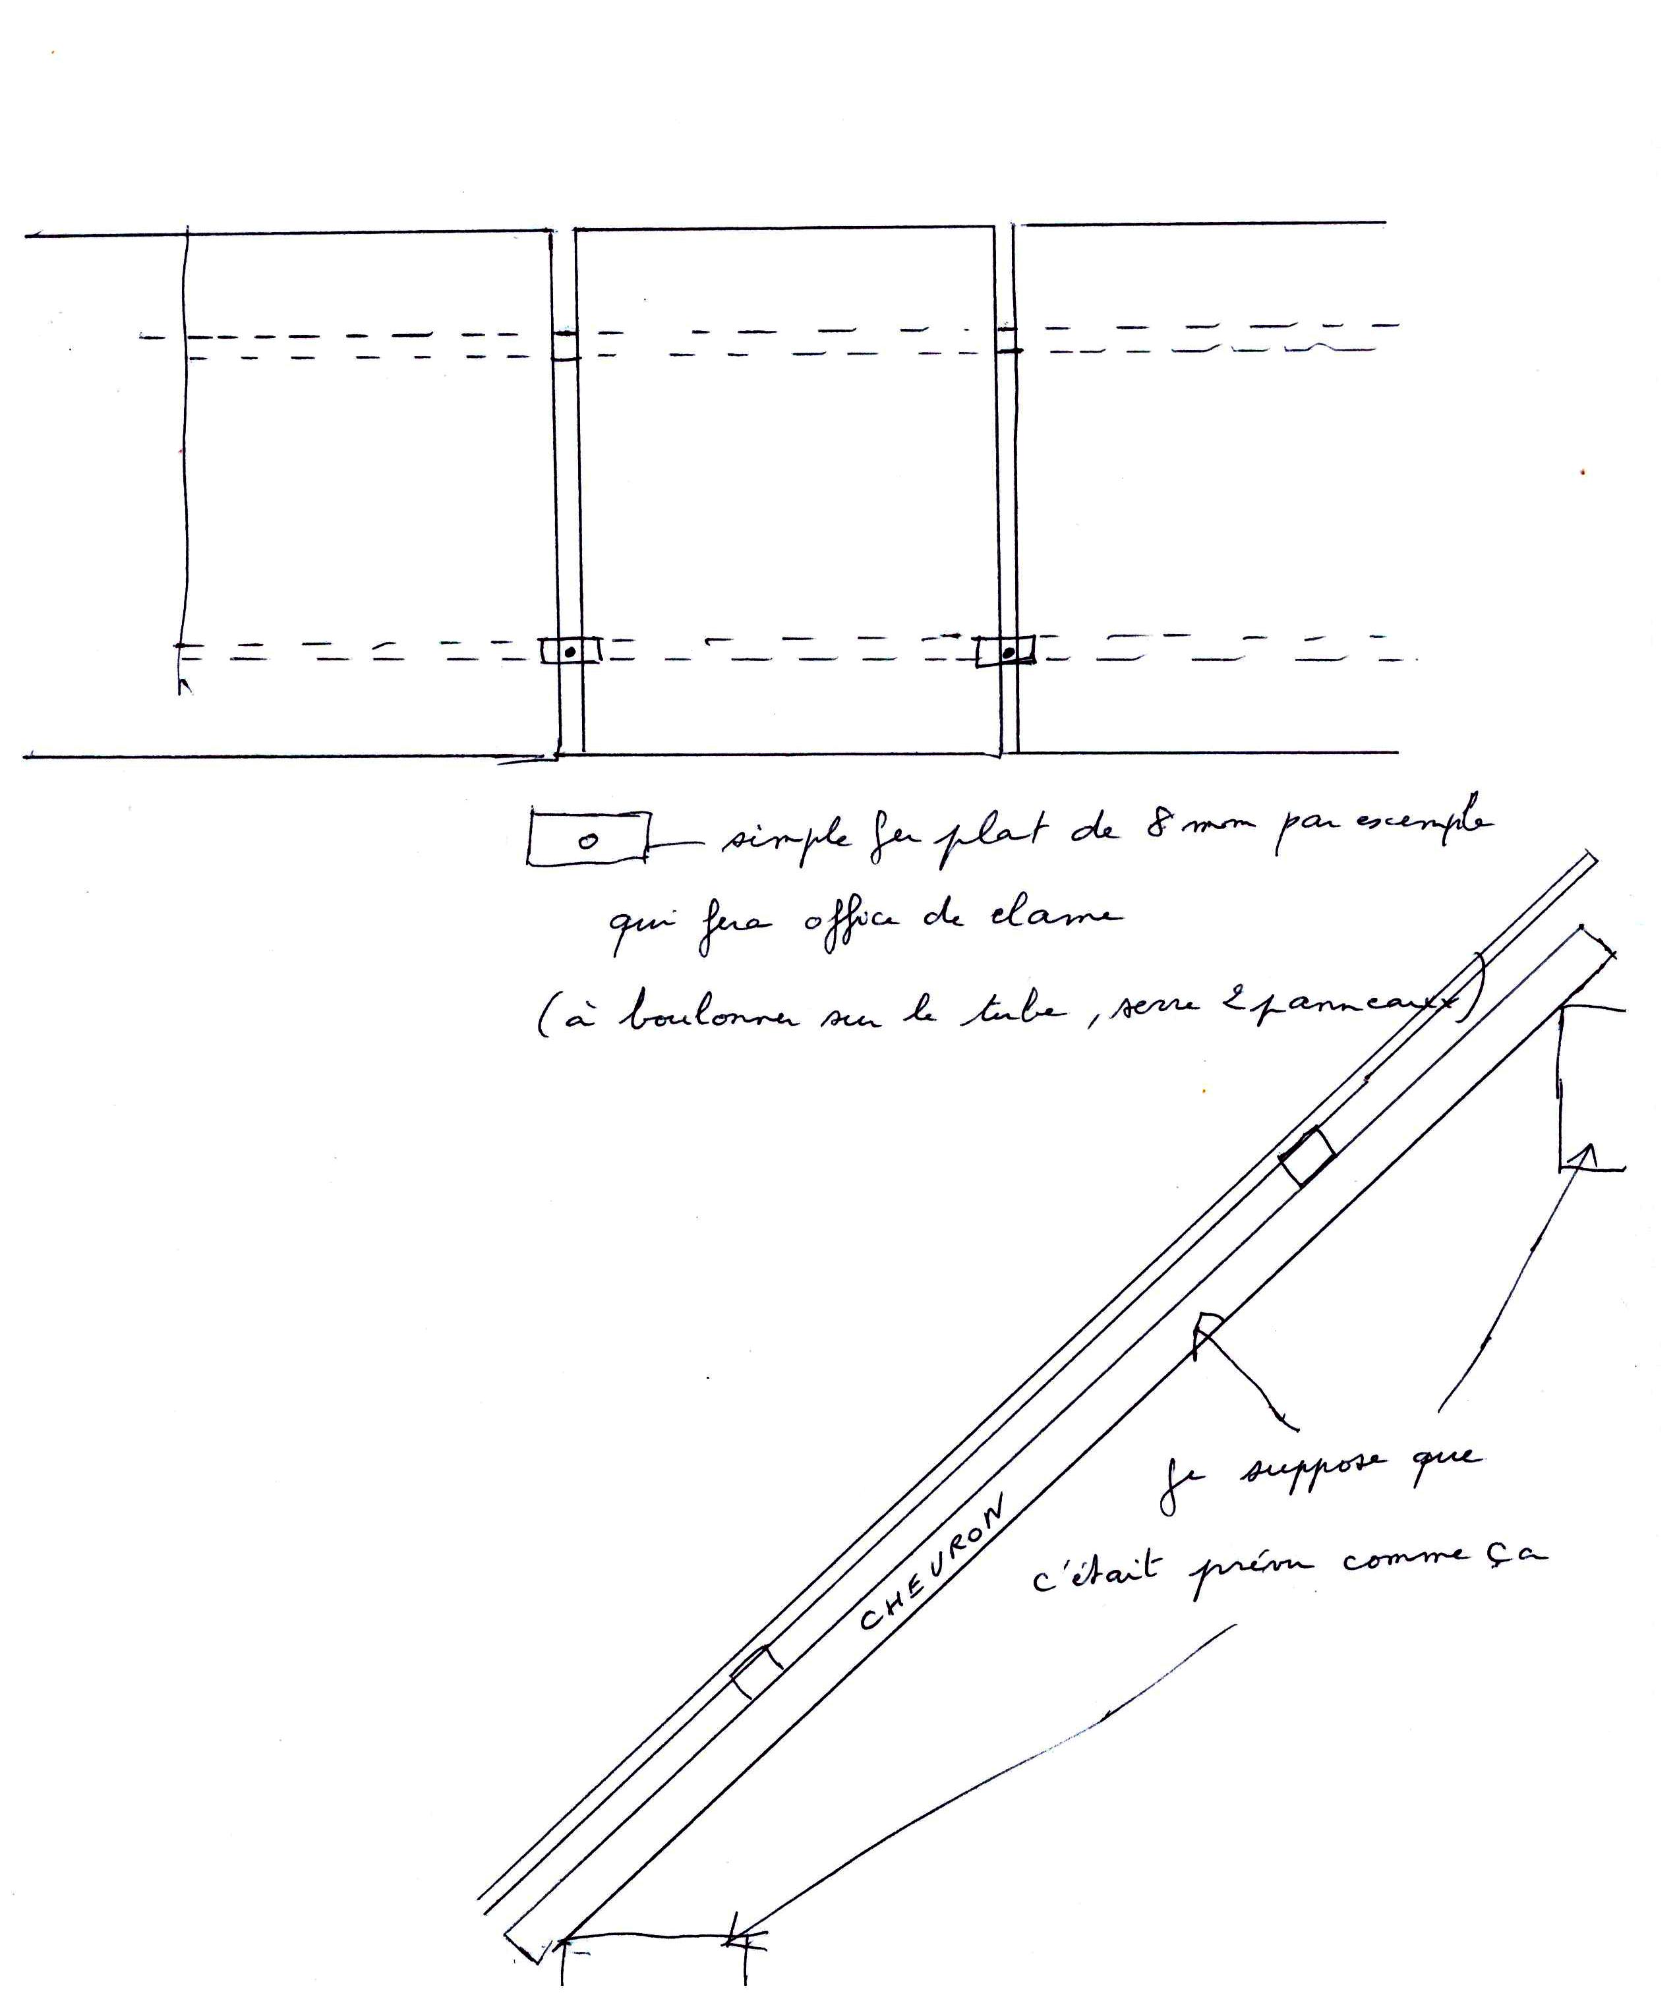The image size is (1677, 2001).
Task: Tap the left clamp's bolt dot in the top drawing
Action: (569, 652)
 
